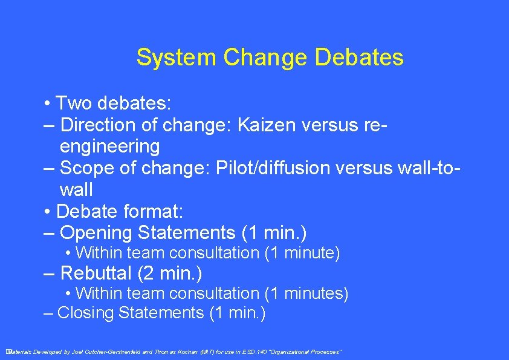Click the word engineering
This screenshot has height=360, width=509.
click(110, 146)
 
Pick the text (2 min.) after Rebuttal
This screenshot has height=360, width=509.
click(170, 273)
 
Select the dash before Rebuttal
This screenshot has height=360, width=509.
click(50, 273)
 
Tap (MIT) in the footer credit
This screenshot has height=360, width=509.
click(207, 352)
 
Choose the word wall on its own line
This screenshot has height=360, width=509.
click(76, 190)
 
